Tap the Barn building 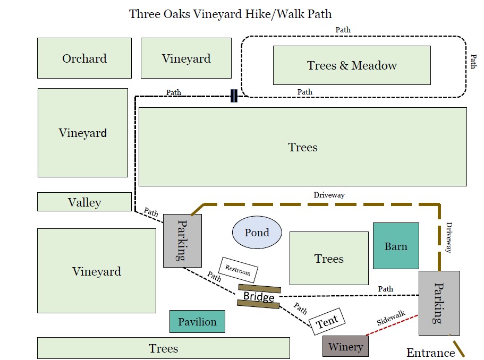pyautogui.click(x=396, y=246)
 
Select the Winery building pyautogui.click(x=345, y=346)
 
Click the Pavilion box pyautogui.click(x=197, y=321)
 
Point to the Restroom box pyautogui.click(x=239, y=270)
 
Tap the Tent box pyautogui.click(x=327, y=321)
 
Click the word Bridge pyautogui.click(x=259, y=296)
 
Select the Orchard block pyautogui.click(x=84, y=58)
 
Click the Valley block pyautogui.click(x=84, y=202)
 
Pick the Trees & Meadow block pyautogui.click(x=352, y=65)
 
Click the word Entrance pyautogui.click(x=430, y=353)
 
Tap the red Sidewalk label pyautogui.click(x=391, y=318)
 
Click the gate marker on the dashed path pyautogui.click(x=234, y=96)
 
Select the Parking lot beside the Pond pyautogui.click(x=182, y=241)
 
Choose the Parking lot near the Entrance pyautogui.click(x=439, y=303)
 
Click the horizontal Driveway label pyautogui.click(x=329, y=195)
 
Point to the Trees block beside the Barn pyautogui.click(x=329, y=258)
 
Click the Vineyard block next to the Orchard pyautogui.click(x=186, y=58)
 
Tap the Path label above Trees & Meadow pyautogui.click(x=343, y=30)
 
